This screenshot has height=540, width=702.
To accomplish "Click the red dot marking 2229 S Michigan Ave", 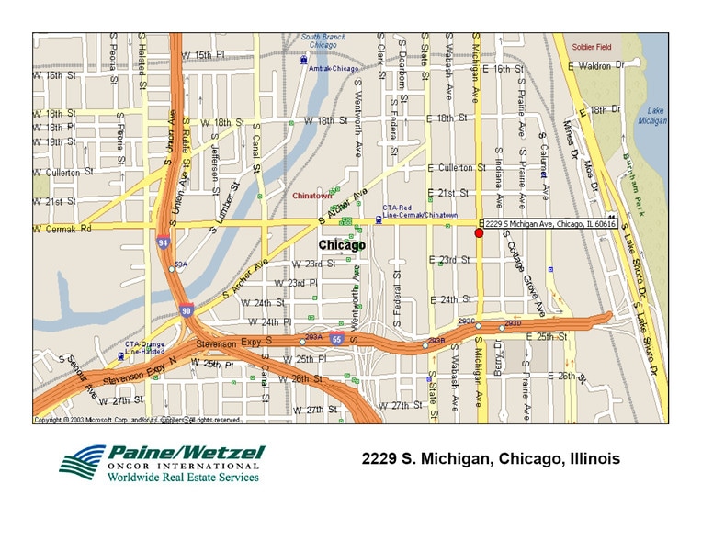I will point(479,234).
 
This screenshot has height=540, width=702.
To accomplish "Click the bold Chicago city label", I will point(342,245).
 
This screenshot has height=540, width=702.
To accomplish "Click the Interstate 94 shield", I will point(163,243).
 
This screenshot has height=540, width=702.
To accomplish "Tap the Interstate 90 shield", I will point(186,311).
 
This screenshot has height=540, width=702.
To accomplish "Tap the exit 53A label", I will point(180,264).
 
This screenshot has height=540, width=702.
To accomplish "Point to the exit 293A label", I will point(313,337).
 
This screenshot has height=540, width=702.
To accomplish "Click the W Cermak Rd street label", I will point(62,228).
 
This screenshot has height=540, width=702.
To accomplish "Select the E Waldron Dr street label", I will point(603,66).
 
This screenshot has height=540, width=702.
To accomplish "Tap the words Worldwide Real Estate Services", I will point(184,477).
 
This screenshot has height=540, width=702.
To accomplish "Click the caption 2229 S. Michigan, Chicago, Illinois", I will point(491,458).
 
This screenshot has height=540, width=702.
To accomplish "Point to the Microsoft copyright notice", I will point(138,420).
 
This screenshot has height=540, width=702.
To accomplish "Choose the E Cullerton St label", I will point(457,168).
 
